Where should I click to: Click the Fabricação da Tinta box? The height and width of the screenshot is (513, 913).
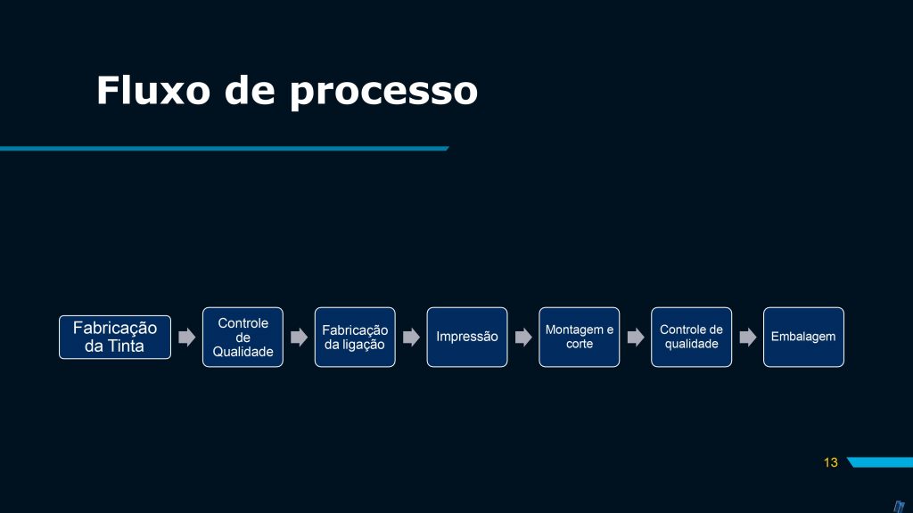115,338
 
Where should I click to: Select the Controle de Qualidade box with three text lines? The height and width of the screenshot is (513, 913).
243,338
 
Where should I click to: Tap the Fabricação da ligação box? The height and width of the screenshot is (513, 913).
355,338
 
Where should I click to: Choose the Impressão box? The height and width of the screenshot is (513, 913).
467,338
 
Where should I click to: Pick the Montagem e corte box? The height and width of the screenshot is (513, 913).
580,338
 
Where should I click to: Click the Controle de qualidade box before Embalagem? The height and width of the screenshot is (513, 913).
691,338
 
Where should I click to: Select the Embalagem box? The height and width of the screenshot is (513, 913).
803,338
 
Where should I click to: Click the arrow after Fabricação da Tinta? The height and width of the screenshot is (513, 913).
187,338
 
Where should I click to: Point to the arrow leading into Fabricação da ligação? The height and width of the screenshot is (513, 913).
300,338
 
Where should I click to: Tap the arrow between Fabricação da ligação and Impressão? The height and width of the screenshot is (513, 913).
411,338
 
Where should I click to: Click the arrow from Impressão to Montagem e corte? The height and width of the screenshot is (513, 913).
523,338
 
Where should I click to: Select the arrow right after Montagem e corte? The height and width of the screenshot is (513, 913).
636,338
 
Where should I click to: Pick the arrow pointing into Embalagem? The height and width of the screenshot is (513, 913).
748,338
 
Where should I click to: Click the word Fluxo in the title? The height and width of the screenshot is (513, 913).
153,90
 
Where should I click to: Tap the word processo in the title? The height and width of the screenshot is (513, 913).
383,93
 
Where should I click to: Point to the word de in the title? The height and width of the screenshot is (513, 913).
250,90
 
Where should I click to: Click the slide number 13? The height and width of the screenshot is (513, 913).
831,462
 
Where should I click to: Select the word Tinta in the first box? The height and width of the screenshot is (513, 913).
125,346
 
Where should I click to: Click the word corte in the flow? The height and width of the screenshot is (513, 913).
580,344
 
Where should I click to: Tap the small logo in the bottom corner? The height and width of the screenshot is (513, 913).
899,507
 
